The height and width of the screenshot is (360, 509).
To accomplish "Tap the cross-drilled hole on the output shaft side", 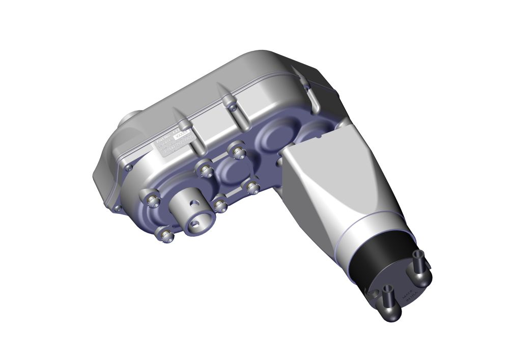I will tap(194, 203).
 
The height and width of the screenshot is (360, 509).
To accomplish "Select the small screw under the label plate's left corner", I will tap(129, 167).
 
